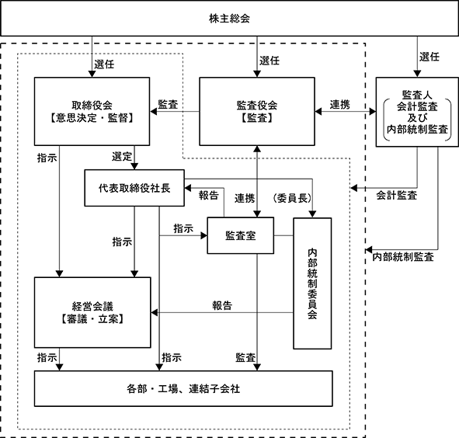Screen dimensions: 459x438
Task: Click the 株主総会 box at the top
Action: pyautogui.click(x=230, y=18)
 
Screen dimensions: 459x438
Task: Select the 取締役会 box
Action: pyautogui.click(x=92, y=111)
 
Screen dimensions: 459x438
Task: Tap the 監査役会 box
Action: pyautogui.click(x=257, y=111)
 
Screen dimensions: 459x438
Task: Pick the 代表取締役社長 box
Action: pyautogui.click(x=134, y=188)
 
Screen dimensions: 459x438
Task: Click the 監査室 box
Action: pyautogui.click(x=241, y=235)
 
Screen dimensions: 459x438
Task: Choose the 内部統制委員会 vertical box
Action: pyautogui.click(x=312, y=283)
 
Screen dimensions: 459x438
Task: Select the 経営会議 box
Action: pyautogui.click(x=92, y=312)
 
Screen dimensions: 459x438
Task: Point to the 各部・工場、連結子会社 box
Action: pyautogui.click(x=183, y=388)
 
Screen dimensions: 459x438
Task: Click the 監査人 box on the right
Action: pyautogui.click(x=417, y=112)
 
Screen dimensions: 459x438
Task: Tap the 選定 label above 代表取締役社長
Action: pyautogui.click(x=122, y=156)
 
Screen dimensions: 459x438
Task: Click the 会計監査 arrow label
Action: pyautogui.click(x=397, y=195)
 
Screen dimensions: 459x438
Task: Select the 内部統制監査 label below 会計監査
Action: pyautogui.click(x=403, y=257)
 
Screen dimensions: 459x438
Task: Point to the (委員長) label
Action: pyautogui.click(x=292, y=198)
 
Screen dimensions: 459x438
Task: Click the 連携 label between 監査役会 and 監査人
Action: pyautogui.click(x=340, y=105)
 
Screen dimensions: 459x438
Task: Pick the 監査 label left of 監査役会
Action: pyautogui.click(x=168, y=105)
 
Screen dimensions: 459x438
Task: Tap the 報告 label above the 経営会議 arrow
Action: pyautogui.click(x=222, y=306)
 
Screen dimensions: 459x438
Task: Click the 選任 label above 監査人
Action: pyautogui.click(x=429, y=57)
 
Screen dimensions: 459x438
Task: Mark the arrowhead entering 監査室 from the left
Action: pyautogui.click(x=204, y=235)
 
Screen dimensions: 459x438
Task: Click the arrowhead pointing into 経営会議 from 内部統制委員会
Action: pyautogui.click(x=155, y=313)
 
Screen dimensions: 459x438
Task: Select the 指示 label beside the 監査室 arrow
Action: pyautogui.click(x=183, y=228)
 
